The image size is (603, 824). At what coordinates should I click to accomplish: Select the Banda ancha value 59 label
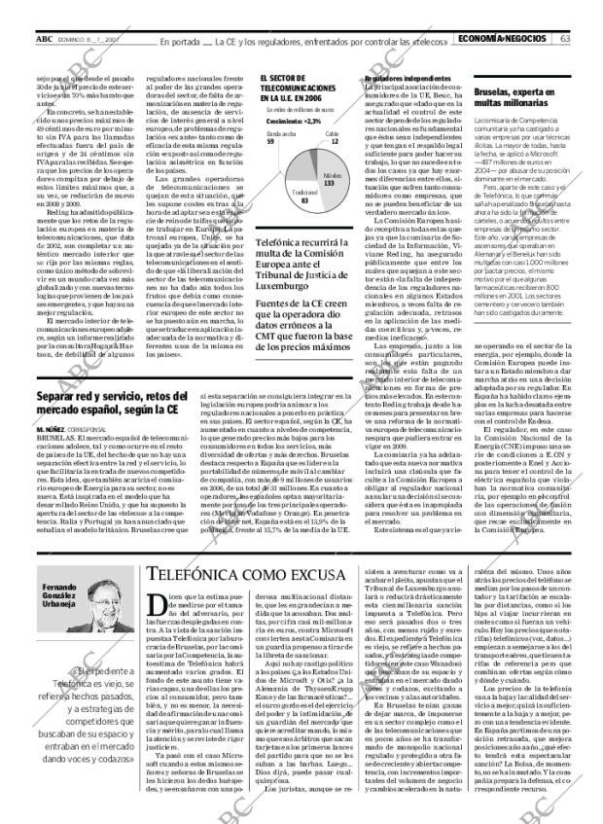(270, 141)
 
